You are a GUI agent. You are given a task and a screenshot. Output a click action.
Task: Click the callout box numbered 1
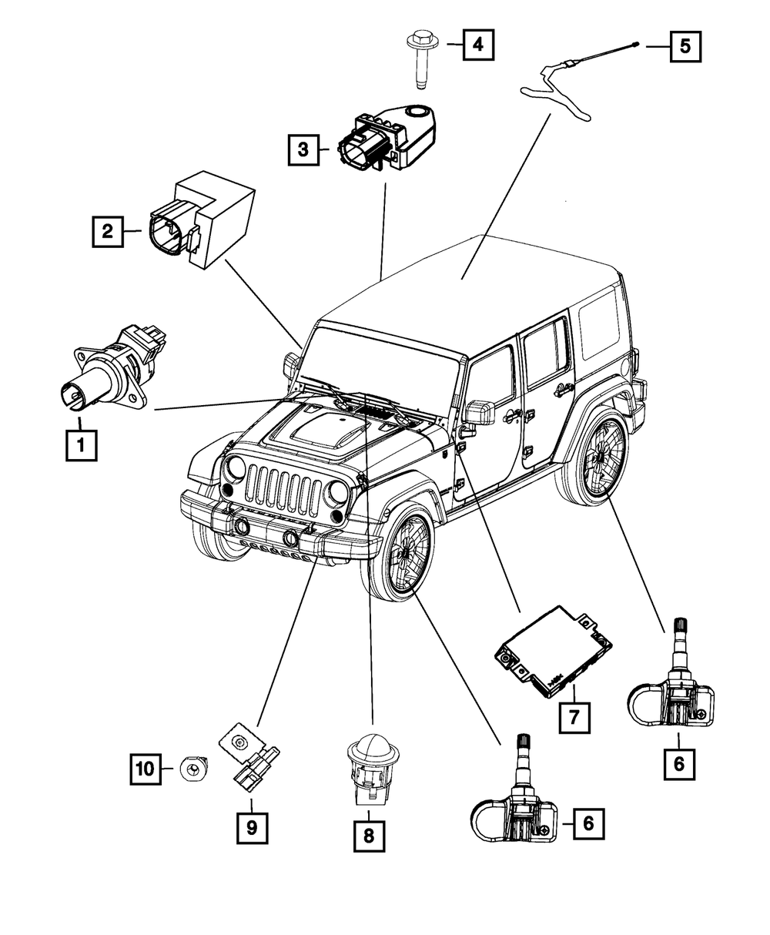tap(81, 444)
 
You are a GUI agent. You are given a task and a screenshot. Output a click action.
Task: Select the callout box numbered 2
tap(107, 230)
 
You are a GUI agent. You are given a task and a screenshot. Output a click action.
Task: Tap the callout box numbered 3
tap(303, 149)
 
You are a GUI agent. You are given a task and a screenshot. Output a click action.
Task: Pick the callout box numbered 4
tap(477, 45)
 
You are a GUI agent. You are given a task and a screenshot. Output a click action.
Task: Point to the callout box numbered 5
tap(685, 45)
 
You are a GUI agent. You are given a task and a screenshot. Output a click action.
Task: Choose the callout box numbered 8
tap(368, 836)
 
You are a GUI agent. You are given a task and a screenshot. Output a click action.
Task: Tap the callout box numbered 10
tap(144, 767)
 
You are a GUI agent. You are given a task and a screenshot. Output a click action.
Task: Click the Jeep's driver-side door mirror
tap(478, 412)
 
